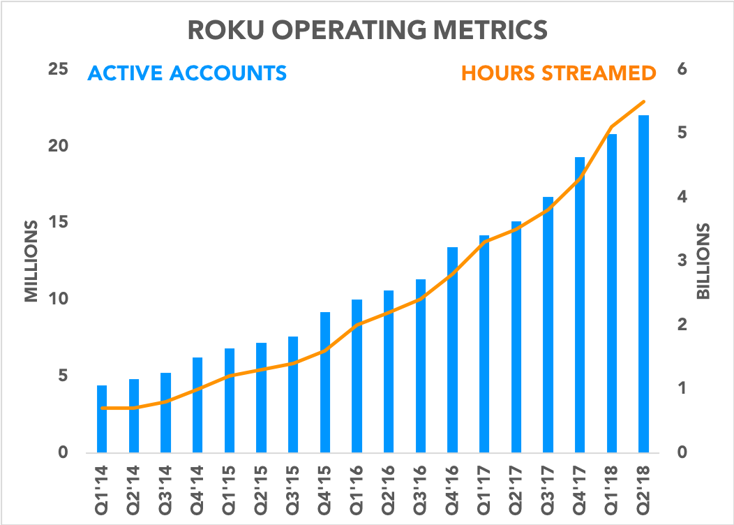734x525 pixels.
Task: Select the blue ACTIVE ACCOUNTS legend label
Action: (x=186, y=73)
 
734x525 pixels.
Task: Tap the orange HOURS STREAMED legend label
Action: (x=558, y=73)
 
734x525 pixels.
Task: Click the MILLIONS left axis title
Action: (x=31, y=261)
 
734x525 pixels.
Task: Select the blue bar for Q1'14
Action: (x=102, y=419)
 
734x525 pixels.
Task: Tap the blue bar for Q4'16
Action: (x=453, y=349)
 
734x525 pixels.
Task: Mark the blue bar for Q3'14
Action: (x=165, y=413)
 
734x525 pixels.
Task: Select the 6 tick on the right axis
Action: (x=682, y=70)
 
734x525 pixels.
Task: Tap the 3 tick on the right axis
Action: (x=682, y=261)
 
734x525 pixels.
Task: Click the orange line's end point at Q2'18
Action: (x=643, y=102)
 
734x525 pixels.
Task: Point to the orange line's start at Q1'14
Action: (x=102, y=408)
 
